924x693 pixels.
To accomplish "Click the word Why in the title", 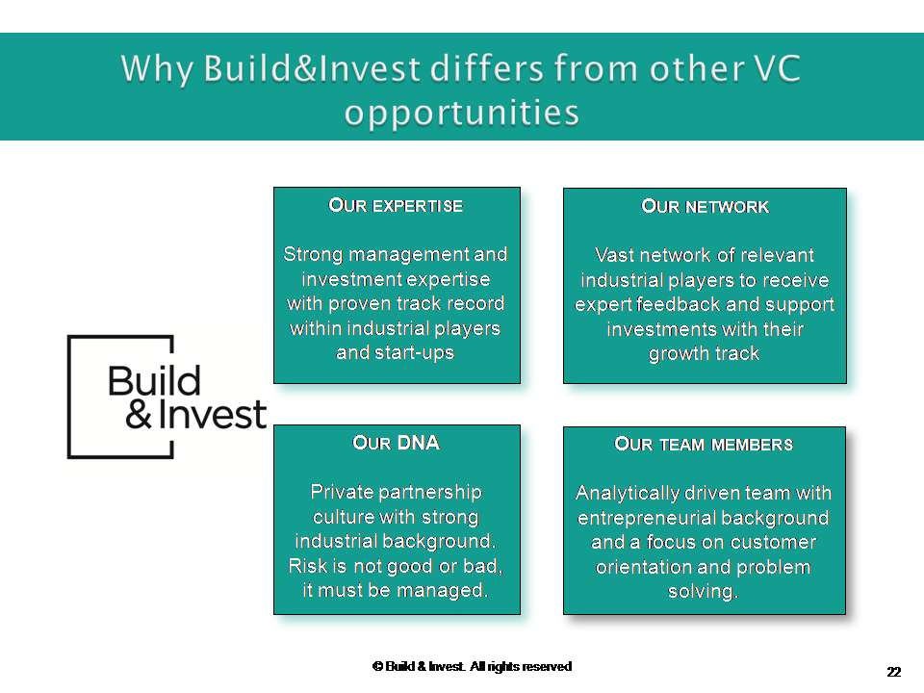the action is [157, 69].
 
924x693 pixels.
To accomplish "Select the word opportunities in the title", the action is [462, 113].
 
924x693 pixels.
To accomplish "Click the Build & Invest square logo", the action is [167, 397].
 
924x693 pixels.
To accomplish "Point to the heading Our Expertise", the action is [396, 205].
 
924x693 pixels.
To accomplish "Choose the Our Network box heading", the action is [705, 206].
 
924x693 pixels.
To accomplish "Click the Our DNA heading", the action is [396, 443].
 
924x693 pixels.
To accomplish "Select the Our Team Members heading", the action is [704, 444].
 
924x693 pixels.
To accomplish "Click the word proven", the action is [359, 303].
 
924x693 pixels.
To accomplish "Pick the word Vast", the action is [614, 255].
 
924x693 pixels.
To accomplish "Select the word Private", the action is [338, 492].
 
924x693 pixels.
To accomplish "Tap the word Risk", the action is [308, 566].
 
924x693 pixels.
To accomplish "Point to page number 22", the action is [894, 672].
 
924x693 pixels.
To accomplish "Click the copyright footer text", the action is [472, 666].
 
